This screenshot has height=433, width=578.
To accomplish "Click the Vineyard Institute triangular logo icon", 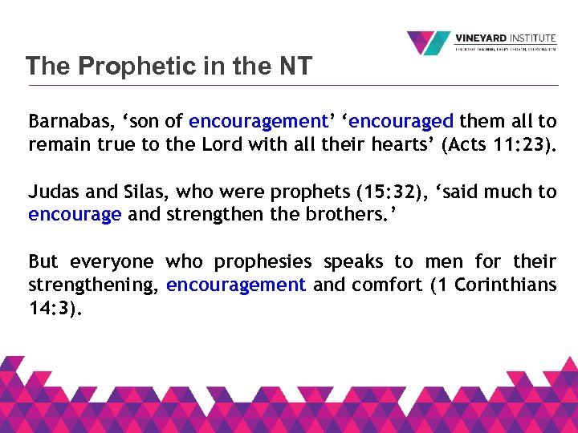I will point(428,43).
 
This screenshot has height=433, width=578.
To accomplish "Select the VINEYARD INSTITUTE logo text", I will point(505,38).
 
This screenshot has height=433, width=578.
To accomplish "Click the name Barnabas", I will point(63,122).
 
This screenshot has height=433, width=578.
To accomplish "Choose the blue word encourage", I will point(75,215).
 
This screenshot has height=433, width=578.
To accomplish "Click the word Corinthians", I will point(505,285).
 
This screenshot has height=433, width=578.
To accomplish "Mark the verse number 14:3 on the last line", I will point(50,308).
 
